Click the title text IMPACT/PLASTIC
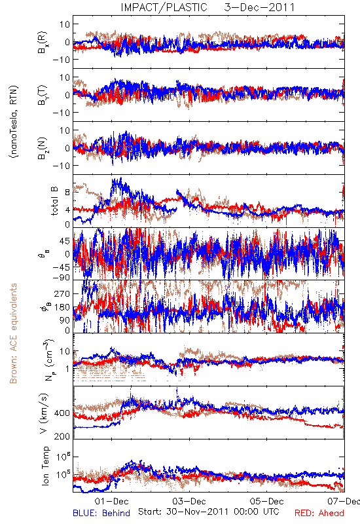point(164,7)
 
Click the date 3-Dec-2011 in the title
point(259,7)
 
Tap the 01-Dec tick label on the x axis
point(111,501)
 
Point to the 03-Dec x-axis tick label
point(189,501)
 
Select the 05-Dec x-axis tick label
point(266,501)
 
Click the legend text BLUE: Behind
point(101,513)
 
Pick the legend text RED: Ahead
point(319,513)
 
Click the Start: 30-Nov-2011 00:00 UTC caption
point(209,512)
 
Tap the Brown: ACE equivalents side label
point(13,333)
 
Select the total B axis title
point(55,201)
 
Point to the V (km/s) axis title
point(44,413)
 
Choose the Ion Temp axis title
point(45,466)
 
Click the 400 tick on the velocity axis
point(62,413)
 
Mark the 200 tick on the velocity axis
point(62,436)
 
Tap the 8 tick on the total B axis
point(67,192)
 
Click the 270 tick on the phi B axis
point(62,293)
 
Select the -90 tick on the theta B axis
point(61,278)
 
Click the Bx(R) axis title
point(43,42)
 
